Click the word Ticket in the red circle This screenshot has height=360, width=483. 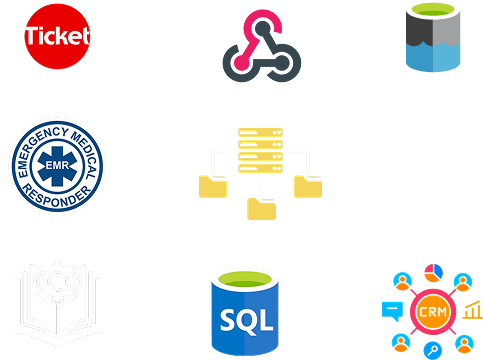pyautogui.click(x=57, y=36)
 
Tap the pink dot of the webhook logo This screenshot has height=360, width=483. pyautogui.click(x=240, y=62)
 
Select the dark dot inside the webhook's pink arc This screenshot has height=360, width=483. pyautogui.click(x=262, y=27)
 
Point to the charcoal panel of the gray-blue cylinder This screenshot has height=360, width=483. pyautogui.click(x=419, y=31)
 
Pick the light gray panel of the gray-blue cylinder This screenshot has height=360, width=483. pyautogui.click(x=447, y=31)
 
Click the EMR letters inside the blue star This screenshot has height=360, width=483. pyautogui.click(x=57, y=165)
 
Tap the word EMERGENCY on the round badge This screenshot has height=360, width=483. pyautogui.click(x=39, y=148)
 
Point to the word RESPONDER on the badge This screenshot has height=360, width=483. pyautogui.click(x=57, y=197)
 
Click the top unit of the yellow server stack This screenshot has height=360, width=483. pyautogui.click(x=260, y=132)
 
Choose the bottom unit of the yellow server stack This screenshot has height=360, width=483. pyautogui.click(x=260, y=169)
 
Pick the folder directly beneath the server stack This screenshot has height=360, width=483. pyautogui.click(x=261, y=209)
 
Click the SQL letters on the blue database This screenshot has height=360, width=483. pyautogui.click(x=247, y=321)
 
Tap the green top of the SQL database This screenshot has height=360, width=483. pyautogui.click(x=245, y=279)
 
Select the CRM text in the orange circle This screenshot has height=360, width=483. pyautogui.click(x=433, y=312)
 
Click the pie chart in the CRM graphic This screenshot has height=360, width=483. pyautogui.click(x=433, y=273)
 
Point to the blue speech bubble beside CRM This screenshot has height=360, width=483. pyautogui.click(x=392, y=311)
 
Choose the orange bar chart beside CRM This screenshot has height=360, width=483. pyautogui.click(x=473, y=310)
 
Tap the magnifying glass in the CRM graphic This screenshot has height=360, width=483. pyautogui.click(x=433, y=351)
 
